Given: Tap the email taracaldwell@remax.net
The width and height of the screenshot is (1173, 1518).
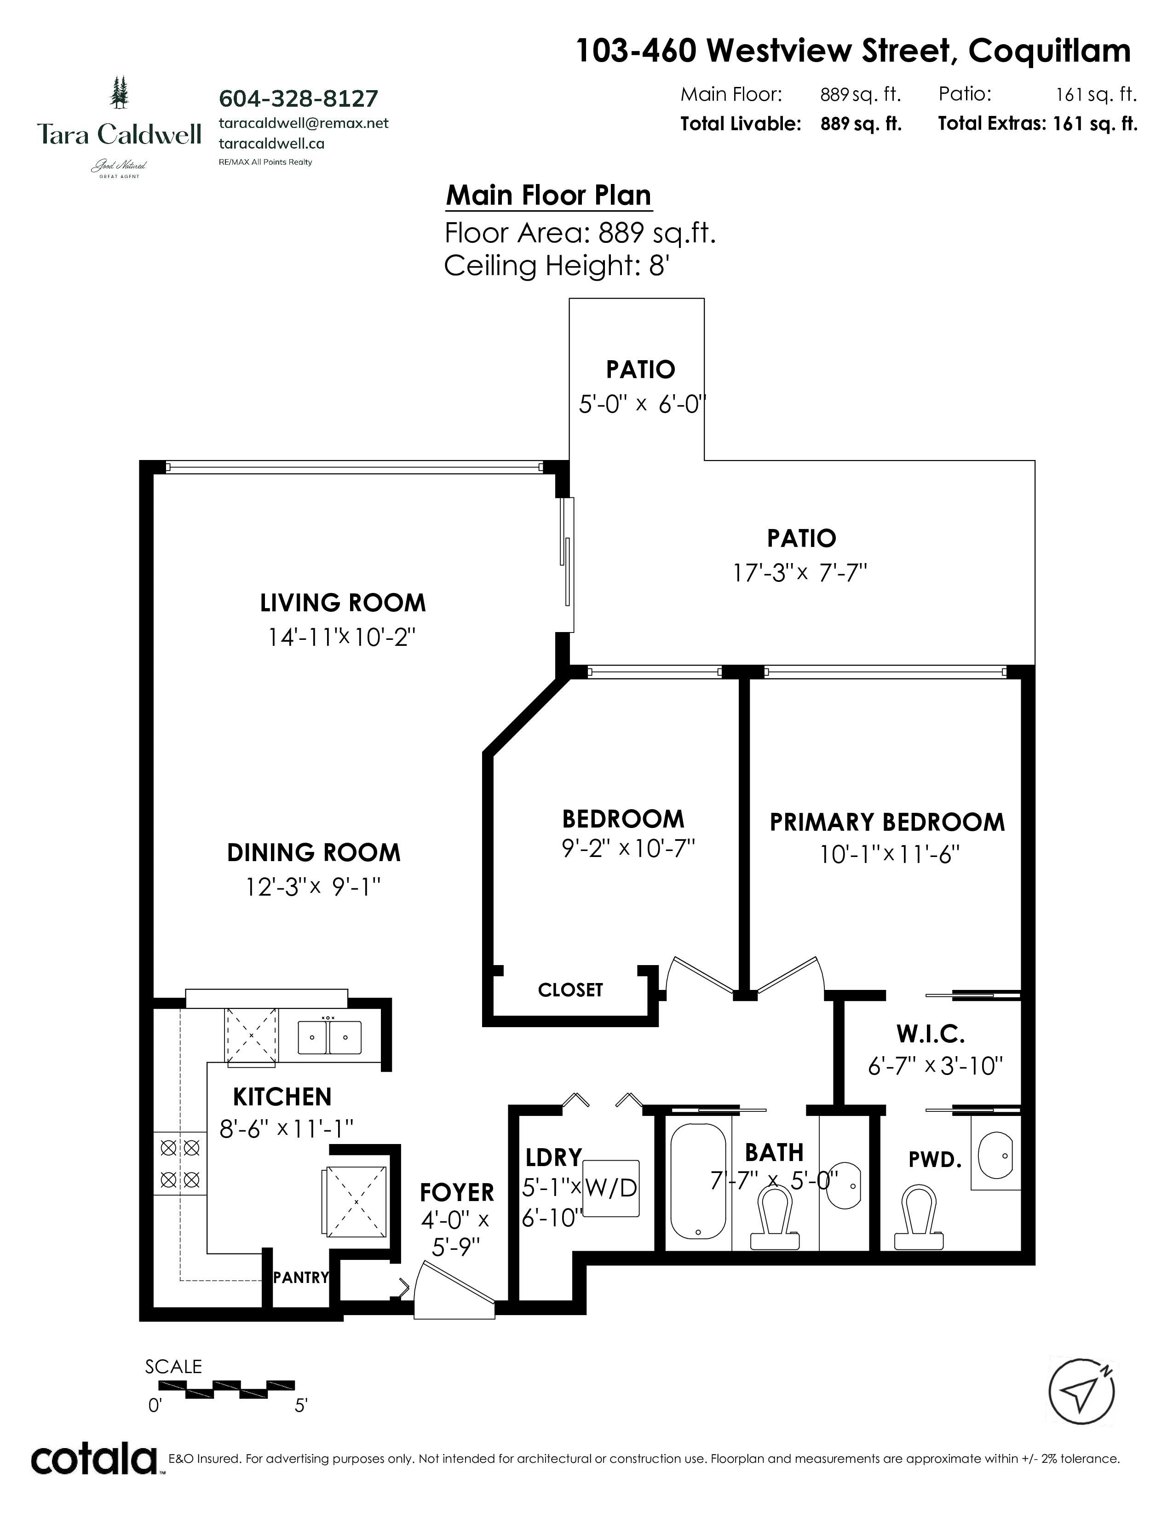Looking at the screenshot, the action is pyautogui.click(x=304, y=123).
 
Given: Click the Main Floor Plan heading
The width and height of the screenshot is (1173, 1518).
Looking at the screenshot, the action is pyautogui.click(x=549, y=195).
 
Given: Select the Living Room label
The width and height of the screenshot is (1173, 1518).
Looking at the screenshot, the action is pyautogui.click(x=343, y=603).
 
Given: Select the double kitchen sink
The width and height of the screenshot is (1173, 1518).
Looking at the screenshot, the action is pyautogui.click(x=329, y=1038).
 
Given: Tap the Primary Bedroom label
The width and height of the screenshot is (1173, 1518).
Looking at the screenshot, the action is pyautogui.click(x=887, y=822).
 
